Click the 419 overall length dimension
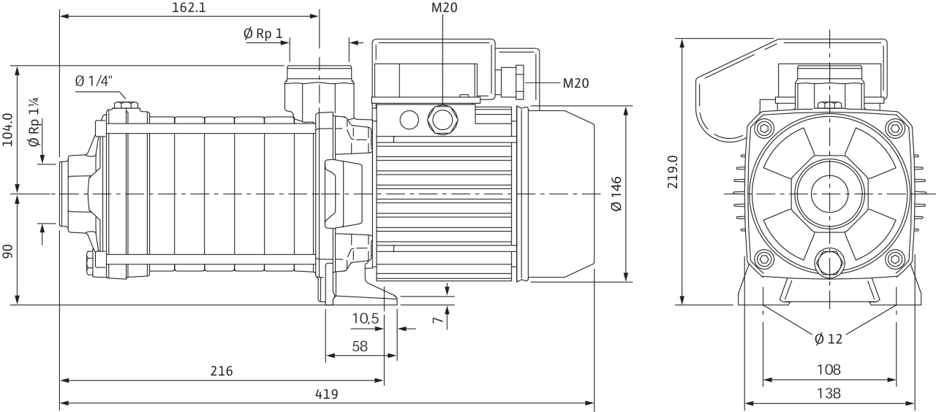(x=326, y=394)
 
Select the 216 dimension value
(x=222, y=371)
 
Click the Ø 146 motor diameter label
(x=616, y=194)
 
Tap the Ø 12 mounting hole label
(x=828, y=338)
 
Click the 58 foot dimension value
(x=359, y=346)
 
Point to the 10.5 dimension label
(x=365, y=318)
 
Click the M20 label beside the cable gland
(x=575, y=83)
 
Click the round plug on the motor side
(x=443, y=118)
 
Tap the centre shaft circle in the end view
(x=829, y=194)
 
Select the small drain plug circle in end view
(x=829, y=261)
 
